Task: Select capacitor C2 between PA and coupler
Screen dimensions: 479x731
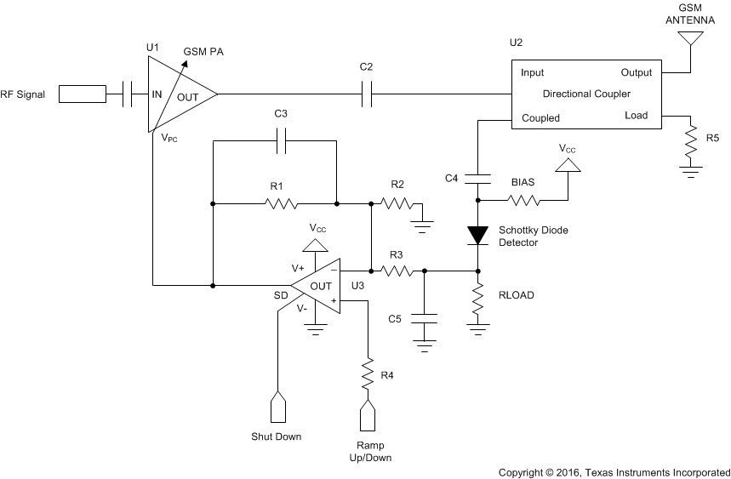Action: pos(367,94)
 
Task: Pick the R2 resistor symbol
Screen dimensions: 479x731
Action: pos(397,203)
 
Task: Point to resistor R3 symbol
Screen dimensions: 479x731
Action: pos(397,271)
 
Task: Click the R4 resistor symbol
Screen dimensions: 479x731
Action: pos(368,373)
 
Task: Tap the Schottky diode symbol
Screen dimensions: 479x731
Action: pos(478,234)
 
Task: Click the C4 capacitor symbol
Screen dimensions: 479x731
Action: pos(478,178)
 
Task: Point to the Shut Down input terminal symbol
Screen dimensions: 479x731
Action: pos(277,408)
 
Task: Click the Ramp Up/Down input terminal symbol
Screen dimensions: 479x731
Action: pos(368,416)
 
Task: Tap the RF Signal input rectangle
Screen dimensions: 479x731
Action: pos(83,94)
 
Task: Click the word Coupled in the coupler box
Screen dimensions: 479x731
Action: pos(540,118)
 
